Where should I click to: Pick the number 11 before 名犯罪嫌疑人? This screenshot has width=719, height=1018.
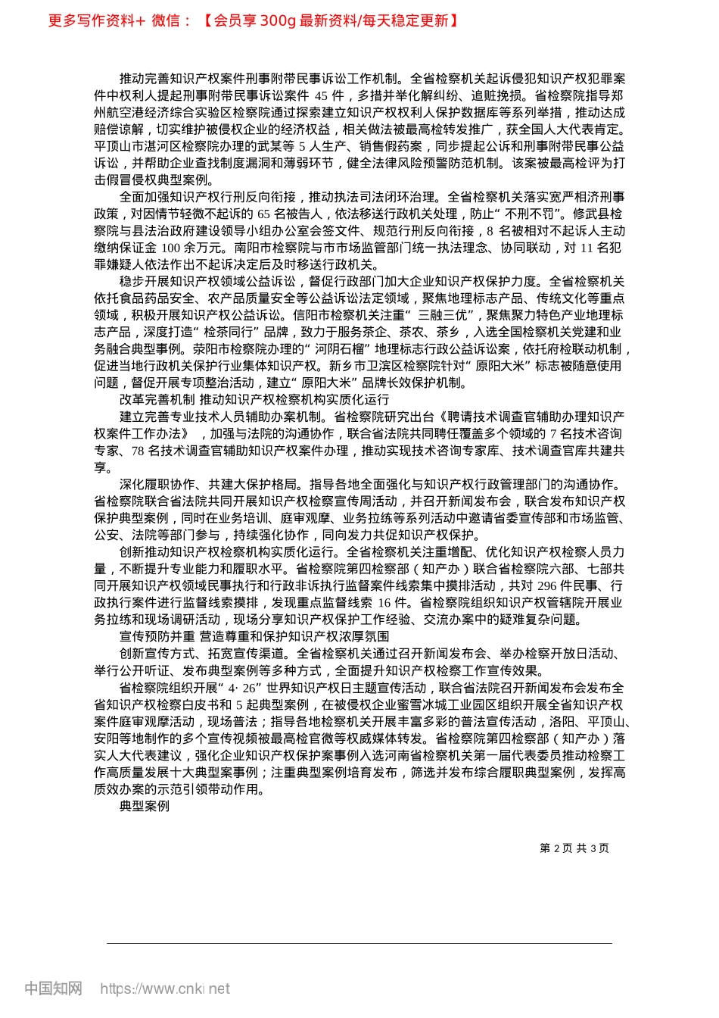587,248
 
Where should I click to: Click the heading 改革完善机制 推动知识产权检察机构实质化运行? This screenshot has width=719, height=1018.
254,399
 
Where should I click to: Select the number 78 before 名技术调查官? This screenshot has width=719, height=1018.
137,451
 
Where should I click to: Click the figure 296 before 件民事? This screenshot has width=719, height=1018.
547,586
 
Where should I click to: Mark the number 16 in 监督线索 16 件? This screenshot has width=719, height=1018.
384,603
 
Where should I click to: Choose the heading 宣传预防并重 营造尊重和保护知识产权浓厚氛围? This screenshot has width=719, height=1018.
254,636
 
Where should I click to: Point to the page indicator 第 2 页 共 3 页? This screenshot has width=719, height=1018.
574,848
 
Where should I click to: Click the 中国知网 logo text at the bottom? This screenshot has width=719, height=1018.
53,988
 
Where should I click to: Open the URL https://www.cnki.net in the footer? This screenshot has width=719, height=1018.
165,988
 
